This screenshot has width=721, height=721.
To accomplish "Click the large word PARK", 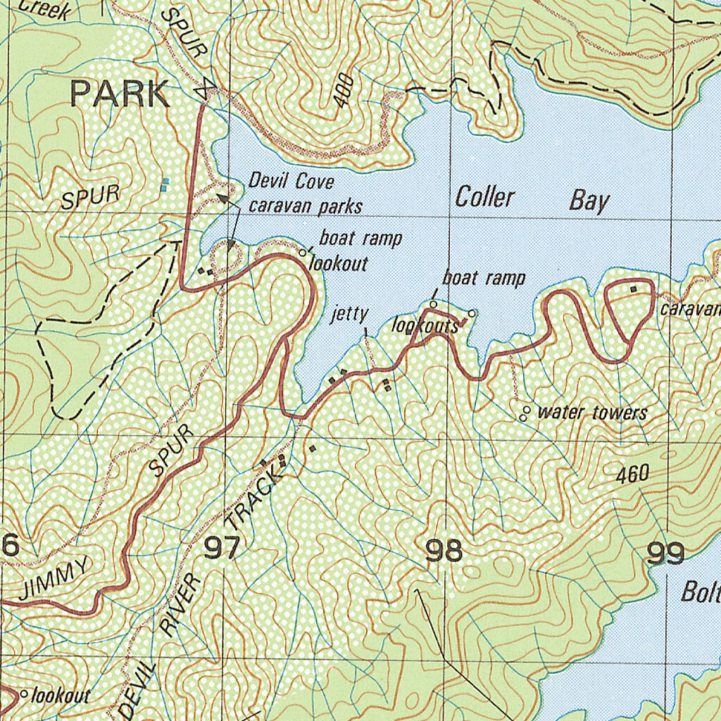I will [120, 94].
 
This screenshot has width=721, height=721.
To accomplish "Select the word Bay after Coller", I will [589, 201].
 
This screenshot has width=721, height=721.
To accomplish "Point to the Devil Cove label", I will [291, 182].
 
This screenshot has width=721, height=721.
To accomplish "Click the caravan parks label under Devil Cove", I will [305, 206].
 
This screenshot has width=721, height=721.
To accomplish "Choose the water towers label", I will [591, 413].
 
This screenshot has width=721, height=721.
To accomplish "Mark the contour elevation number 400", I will [342, 91].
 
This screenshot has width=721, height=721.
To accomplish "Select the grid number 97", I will [222, 548].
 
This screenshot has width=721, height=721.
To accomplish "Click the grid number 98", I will [444, 551].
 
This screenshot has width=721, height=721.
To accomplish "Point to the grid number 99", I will [665, 554].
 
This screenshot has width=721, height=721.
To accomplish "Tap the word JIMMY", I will [55, 578].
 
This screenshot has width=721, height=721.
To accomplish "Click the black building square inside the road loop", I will [633, 289].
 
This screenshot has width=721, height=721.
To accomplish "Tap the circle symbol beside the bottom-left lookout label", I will [24, 694].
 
